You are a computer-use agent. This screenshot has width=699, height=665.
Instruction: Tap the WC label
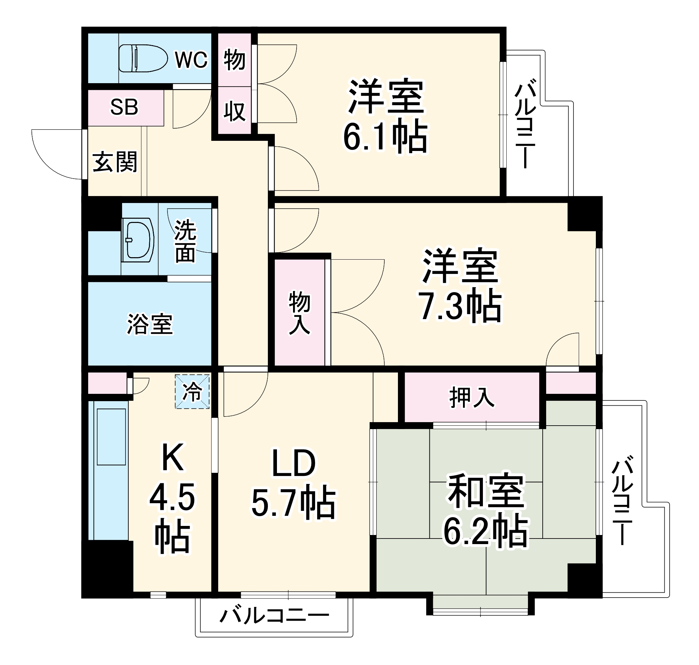(x=191, y=59)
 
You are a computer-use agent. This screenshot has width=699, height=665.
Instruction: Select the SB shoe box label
(x=124, y=107)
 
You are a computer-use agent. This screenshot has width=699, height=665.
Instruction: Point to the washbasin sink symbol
(x=138, y=240)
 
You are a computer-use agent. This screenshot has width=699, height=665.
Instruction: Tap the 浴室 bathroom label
(x=150, y=324)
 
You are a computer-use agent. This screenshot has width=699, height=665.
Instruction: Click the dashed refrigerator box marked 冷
(x=192, y=392)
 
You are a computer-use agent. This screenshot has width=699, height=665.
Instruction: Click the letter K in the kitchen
(x=173, y=457)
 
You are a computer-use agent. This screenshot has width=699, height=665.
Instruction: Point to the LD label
(x=293, y=463)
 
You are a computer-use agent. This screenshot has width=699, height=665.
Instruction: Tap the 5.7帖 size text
(x=293, y=503)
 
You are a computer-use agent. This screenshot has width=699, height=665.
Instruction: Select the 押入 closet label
(x=472, y=398)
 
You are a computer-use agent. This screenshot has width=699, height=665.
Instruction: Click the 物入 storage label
(x=299, y=313)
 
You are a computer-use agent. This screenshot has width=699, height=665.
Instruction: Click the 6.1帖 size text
(x=385, y=137)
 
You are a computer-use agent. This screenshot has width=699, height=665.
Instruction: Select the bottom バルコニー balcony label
(x=274, y=616)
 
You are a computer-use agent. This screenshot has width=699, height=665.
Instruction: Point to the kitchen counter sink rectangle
(x=111, y=437)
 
